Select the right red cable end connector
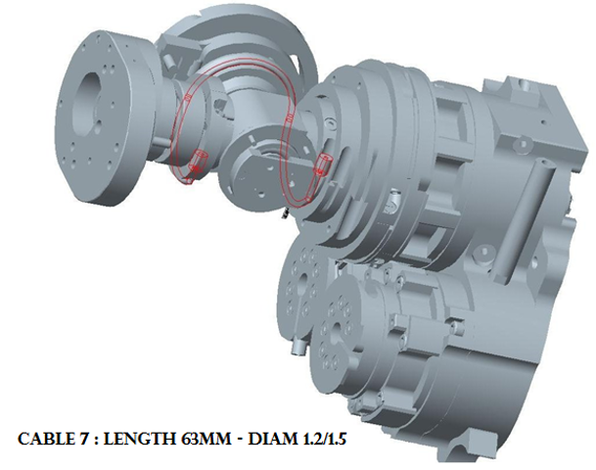(322, 164)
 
